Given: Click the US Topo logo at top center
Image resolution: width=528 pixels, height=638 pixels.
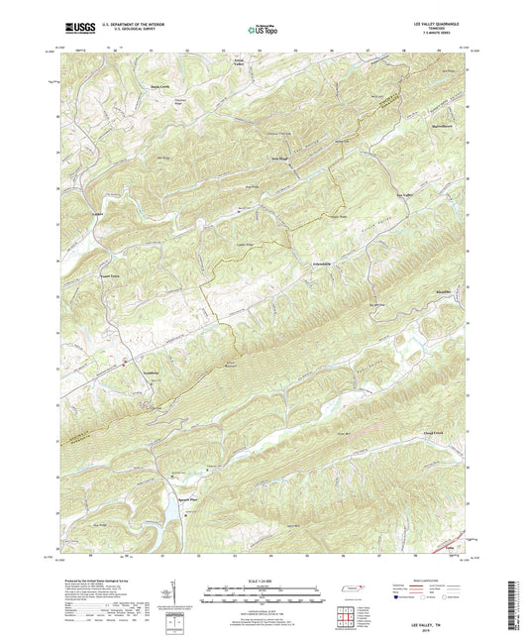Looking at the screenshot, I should point(262,31).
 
